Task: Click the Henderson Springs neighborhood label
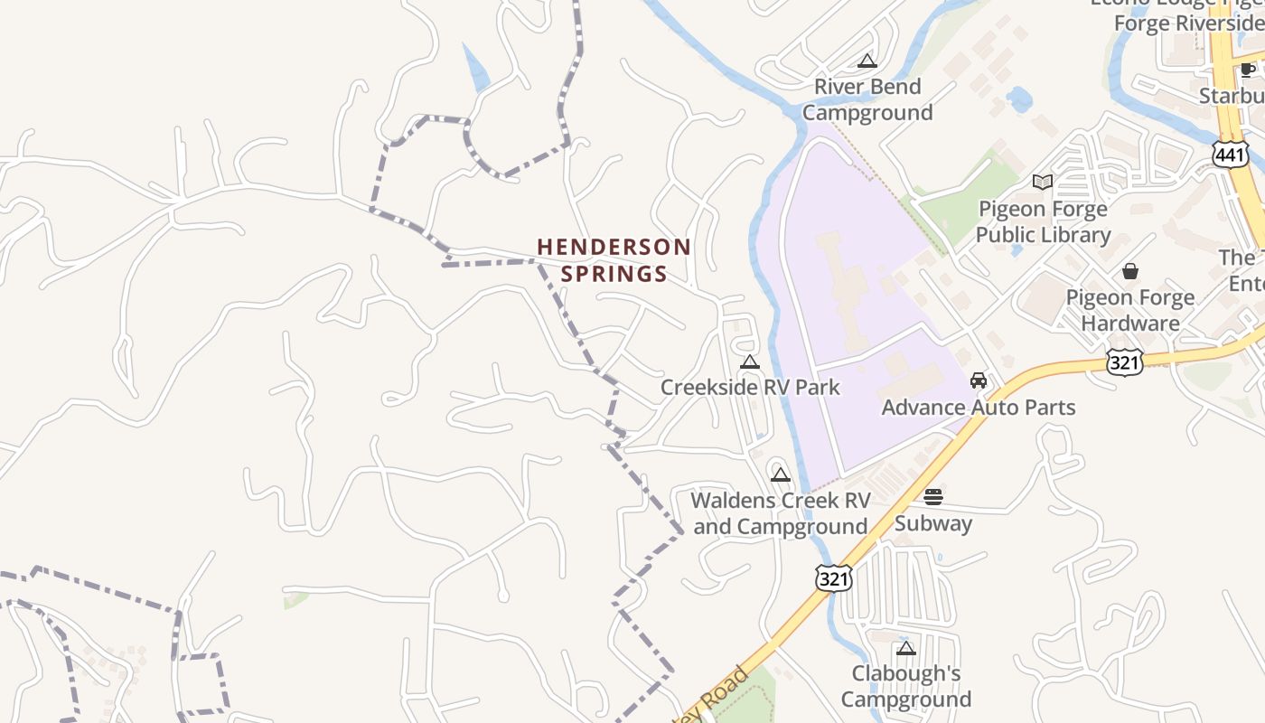click(x=614, y=260)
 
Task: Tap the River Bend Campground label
click(x=867, y=99)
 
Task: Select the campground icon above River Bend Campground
click(x=867, y=61)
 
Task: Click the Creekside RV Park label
click(x=750, y=387)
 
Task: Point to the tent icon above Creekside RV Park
click(x=750, y=362)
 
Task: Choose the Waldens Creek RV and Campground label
click(x=781, y=513)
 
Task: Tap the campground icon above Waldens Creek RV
click(x=781, y=474)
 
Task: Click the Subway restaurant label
click(x=933, y=523)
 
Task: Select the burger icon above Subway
click(x=933, y=496)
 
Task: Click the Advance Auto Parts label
click(x=979, y=407)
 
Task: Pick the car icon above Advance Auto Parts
click(x=979, y=380)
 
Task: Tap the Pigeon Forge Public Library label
click(x=1043, y=221)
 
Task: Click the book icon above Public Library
click(x=1043, y=182)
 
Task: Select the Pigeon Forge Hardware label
click(x=1130, y=310)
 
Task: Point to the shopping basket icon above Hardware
click(x=1130, y=271)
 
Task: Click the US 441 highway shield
click(x=1230, y=155)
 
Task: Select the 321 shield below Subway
click(x=832, y=578)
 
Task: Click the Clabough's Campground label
click(x=906, y=686)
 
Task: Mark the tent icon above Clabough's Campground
click(x=906, y=649)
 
